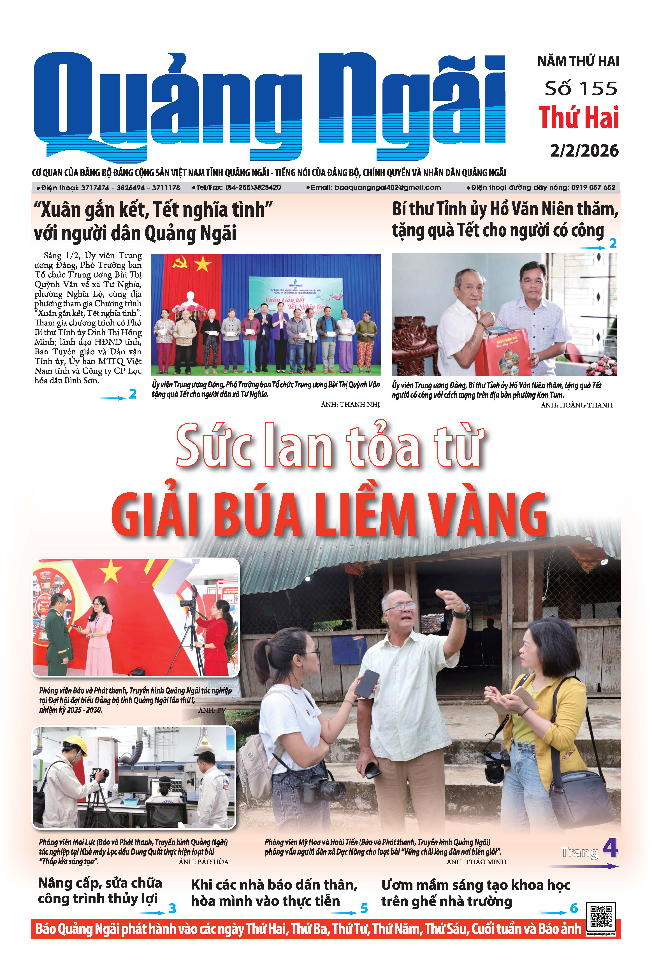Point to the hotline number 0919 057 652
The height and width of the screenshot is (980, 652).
click(x=593, y=187)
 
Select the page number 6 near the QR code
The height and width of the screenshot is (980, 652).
click(x=574, y=909)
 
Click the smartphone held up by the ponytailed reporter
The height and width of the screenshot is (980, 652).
click(x=367, y=684)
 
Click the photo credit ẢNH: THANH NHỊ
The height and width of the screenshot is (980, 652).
click(x=350, y=404)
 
